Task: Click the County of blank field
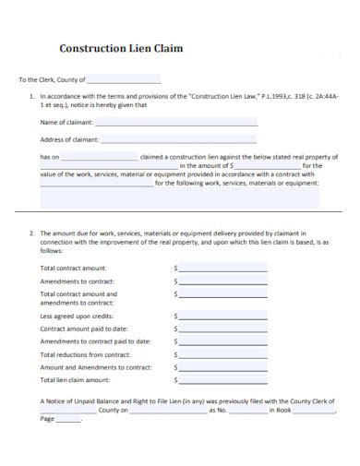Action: [x=124, y=80]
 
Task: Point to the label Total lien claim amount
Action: [x=76, y=379]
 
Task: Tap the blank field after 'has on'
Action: [x=100, y=157]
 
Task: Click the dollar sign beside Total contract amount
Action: [x=175, y=268]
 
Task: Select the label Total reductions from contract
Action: [x=86, y=353]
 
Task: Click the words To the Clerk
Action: [x=36, y=80]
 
